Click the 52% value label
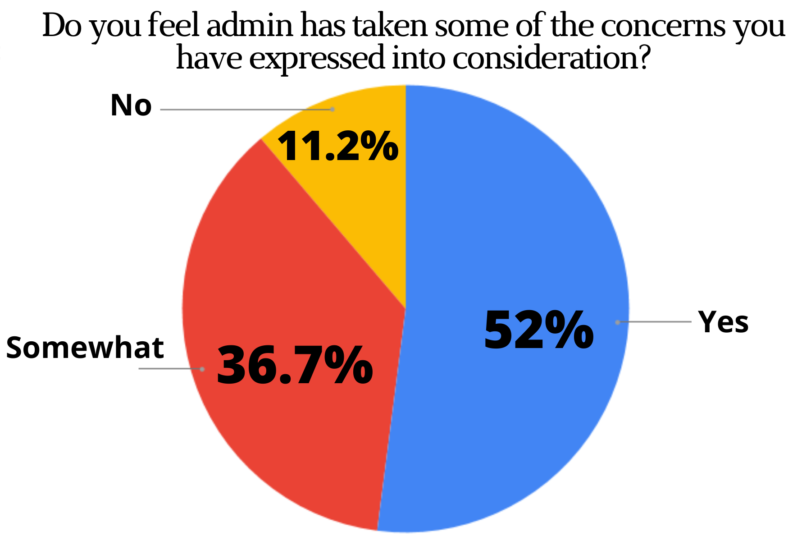[538, 330]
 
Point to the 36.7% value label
[295, 365]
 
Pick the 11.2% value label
[338, 146]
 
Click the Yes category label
[723, 322]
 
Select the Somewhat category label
[85, 348]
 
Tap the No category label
[131, 105]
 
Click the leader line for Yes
[653, 322]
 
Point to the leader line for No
[246, 109]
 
